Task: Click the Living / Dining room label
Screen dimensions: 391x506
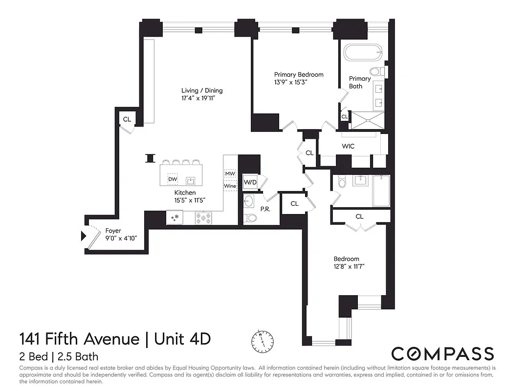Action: [202, 90]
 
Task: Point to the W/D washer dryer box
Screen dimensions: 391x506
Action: [250, 182]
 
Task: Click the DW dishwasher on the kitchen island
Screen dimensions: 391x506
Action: [172, 179]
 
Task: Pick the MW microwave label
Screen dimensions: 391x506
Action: [230, 174]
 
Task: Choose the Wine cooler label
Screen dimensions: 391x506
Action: [230, 186]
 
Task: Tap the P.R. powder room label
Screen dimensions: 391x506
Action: [265, 209]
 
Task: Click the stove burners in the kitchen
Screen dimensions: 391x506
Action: [203, 218]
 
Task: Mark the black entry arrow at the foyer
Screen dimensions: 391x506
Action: [83, 237]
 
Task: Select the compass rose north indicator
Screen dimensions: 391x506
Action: [262, 339]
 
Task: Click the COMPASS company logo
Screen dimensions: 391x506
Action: [443, 353]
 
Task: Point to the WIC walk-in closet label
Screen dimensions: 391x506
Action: [348, 146]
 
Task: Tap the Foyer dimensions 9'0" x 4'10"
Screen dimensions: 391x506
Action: [121, 238]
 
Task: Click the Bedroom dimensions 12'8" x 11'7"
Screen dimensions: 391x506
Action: [350, 266]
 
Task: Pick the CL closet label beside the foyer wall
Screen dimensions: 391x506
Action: [127, 119]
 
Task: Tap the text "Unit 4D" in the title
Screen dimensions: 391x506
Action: [183, 338]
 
